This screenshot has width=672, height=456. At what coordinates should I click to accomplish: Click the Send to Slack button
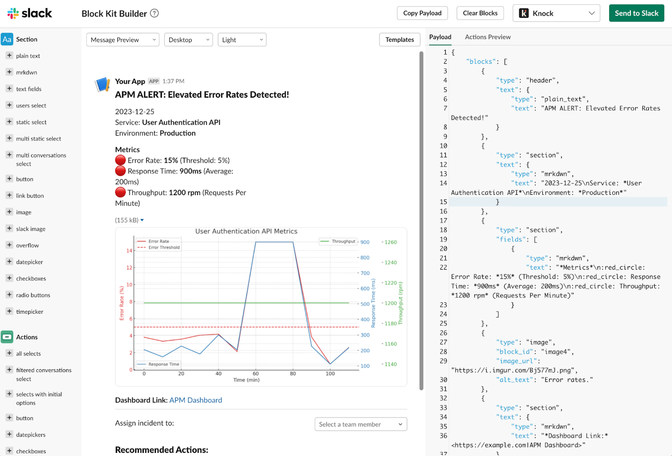tap(636, 13)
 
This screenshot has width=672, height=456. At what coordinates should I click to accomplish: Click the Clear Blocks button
tap(480, 13)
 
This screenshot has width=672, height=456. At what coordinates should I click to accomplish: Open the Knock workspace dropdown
tap(556, 13)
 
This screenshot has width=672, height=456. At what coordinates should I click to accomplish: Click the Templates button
tap(399, 40)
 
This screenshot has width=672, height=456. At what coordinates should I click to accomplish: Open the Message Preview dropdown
tap(123, 40)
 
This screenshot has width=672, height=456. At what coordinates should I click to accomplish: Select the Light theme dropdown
tap(242, 40)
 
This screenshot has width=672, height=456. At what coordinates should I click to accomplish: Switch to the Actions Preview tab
tap(488, 37)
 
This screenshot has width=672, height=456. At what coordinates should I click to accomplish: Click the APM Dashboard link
tap(196, 400)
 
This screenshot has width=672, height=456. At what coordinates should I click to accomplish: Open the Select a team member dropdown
tap(361, 424)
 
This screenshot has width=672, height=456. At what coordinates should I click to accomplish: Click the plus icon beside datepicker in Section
tap(9, 262)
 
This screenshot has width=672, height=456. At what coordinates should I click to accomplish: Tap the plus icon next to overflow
tap(9, 245)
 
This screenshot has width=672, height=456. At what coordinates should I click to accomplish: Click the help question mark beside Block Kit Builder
tap(154, 13)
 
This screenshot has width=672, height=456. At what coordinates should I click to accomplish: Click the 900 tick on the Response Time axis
tap(365, 242)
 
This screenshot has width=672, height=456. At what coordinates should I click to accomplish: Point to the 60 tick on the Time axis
tap(256, 374)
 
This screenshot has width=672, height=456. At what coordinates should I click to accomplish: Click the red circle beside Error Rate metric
tap(120, 160)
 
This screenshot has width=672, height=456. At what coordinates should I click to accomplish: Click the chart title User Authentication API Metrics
tap(246, 231)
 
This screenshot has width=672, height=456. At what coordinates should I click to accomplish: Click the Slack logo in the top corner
tap(30, 13)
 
